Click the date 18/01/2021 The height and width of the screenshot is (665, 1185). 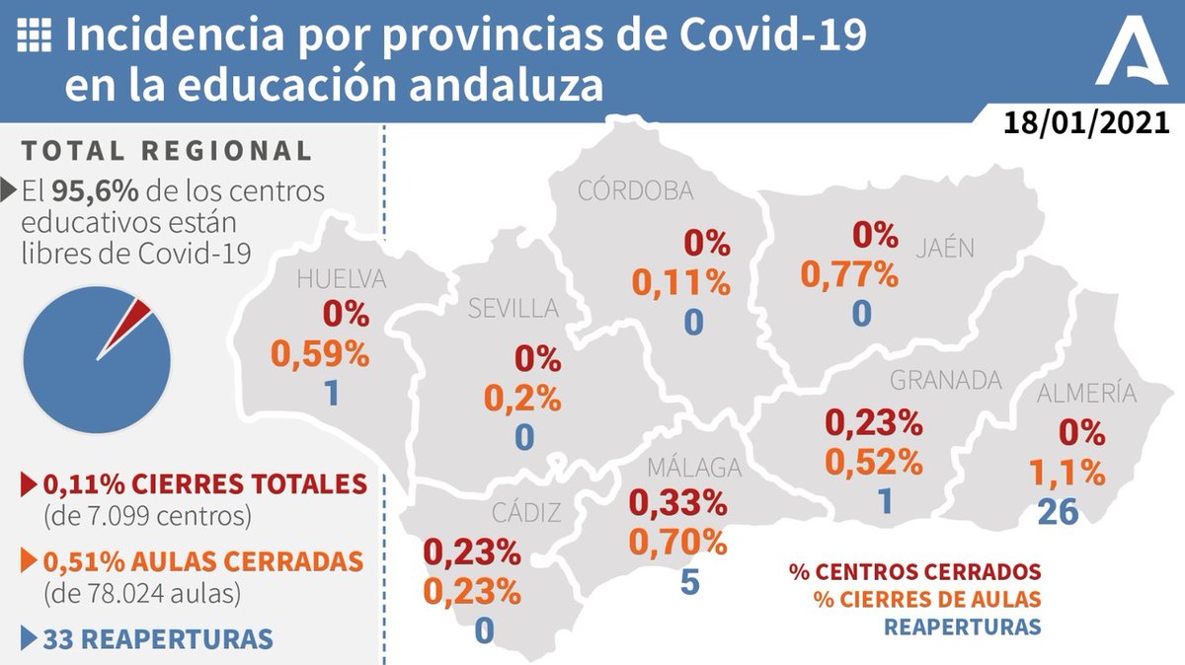(x=1086, y=123)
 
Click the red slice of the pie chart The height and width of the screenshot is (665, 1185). (x=138, y=314)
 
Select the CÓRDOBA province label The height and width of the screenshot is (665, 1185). (x=635, y=191)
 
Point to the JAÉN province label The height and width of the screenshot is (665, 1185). (x=943, y=247)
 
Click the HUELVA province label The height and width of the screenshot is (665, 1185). (x=342, y=280)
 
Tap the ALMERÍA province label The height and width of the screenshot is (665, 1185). (x=1086, y=394)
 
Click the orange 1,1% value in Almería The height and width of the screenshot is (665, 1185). (x=1066, y=473)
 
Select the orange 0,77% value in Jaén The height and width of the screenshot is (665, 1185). (x=849, y=274)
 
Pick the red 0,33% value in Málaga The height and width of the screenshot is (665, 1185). (x=677, y=502)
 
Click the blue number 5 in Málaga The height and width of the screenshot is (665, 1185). (x=689, y=582)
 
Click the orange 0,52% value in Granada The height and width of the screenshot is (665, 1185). (x=873, y=461)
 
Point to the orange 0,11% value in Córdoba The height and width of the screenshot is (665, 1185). (x=681, y=283)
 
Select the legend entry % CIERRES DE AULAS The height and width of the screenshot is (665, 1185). (x=926, y=599)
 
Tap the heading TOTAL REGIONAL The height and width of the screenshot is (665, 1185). (x=166, y=151)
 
